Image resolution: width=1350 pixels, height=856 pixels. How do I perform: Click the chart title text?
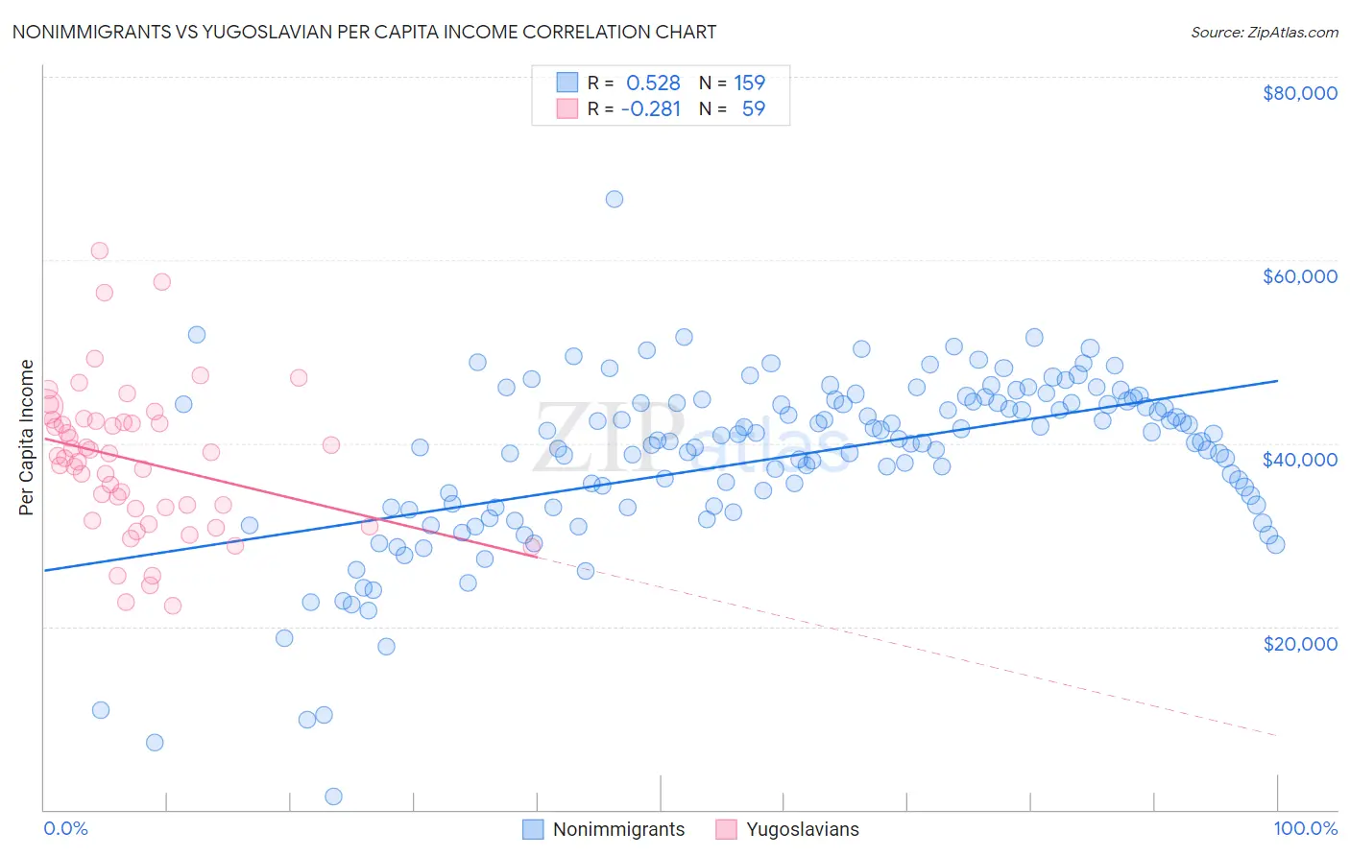[x=363, y=32]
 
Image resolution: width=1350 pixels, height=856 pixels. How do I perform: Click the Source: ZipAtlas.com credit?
[x=1264, y=33]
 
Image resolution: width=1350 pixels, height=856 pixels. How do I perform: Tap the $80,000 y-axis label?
[x=1299, y=93]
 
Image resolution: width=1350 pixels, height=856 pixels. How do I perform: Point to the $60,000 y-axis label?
[x=1299, y=276]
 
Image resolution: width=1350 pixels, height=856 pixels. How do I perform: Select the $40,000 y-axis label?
[x=1299, y=460]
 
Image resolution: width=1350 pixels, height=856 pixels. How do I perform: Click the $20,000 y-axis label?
[x=1299, y=643]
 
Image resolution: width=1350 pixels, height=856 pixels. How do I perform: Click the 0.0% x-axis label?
[x=65, y=828]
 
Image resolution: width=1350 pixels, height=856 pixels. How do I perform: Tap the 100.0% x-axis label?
[x=1305, y=828]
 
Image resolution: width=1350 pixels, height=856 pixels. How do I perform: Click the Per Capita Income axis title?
[x=27, y=438]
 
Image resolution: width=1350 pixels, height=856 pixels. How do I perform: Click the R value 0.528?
[x=653, y=83]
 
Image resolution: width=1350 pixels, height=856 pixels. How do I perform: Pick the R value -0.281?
[x=651, y=109]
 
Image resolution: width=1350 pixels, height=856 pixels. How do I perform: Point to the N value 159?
[x=749, y=83]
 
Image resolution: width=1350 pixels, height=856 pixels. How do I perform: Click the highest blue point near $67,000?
[x=615, y=200]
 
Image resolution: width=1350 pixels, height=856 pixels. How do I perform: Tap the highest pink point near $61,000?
[x=99, y=251]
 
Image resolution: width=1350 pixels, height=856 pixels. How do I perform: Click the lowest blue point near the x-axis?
[x=333, y=797]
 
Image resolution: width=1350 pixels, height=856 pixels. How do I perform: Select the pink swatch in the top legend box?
[x=567, y=108]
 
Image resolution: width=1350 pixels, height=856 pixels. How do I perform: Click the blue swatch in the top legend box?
[x=567, y=83]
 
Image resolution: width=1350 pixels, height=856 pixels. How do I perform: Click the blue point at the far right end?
[x=1275, y=544]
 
